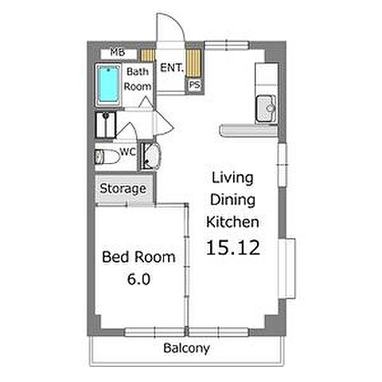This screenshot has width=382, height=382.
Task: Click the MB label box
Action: [118, 53]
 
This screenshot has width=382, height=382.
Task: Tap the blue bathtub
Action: [108, 84]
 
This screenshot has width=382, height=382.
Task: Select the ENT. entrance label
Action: [172, 68]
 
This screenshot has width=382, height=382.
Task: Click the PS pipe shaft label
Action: [194, 85]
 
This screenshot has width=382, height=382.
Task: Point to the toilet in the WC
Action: [107, 157]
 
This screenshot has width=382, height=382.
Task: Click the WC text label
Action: [128, 152]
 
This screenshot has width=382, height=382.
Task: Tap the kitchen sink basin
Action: [266, 109]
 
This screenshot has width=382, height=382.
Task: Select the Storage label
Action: [123, 189]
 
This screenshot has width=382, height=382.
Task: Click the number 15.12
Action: [233, 248]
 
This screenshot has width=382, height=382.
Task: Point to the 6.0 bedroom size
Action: [138, 279]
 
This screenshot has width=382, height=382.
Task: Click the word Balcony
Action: [186, 348]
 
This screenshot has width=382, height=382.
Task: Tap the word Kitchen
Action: [232, 222]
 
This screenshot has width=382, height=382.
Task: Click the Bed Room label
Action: [138, 257]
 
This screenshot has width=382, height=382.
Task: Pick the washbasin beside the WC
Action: [150, 156]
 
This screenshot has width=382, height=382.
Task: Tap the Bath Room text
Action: [138, 79]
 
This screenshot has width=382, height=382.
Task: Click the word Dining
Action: [232, 201]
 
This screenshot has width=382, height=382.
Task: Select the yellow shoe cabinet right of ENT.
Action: [193, 63]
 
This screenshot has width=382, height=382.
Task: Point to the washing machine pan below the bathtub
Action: [106, 125]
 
